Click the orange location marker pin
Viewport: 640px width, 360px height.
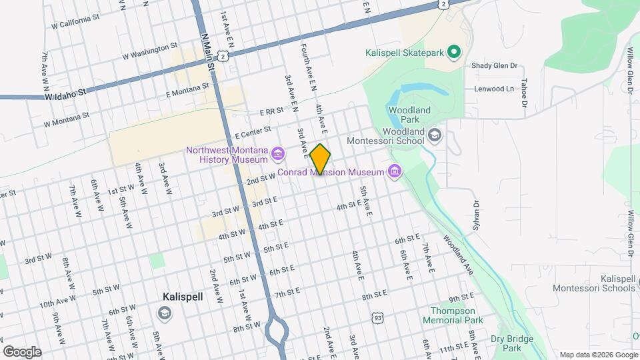coord(321,159)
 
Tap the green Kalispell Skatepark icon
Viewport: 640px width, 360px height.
coord(454,51)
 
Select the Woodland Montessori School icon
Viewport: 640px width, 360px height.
coord(435,136)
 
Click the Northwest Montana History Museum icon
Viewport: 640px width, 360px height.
coord(278,155)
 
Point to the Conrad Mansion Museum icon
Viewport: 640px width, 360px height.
coord(395,172)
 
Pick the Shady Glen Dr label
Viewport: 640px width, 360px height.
coord(495,65)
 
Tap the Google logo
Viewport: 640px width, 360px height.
coord(22,351)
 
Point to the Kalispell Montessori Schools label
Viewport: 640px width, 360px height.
coord(593,283)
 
